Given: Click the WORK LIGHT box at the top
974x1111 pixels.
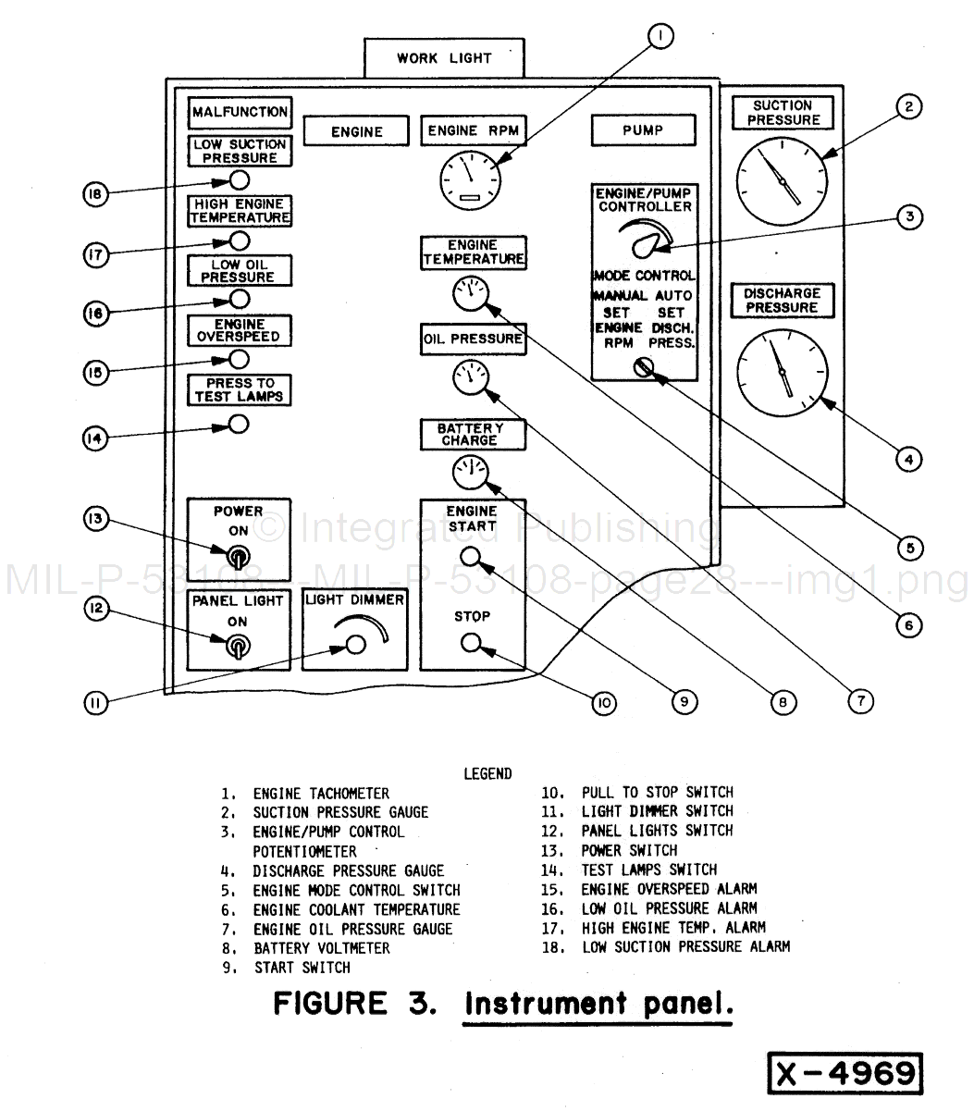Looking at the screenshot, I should [444, 58].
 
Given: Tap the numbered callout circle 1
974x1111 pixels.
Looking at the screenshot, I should [660, 36].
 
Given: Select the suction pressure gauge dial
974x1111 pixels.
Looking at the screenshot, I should [782, 180].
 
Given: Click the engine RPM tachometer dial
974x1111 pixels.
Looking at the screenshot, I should [468, 177].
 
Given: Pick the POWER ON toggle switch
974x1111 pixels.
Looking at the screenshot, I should [238, 557].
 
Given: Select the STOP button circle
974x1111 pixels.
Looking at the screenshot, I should [471, 643].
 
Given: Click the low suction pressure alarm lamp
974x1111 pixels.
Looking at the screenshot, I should [239, 179].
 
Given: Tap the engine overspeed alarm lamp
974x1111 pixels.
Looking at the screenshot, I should [239, 359].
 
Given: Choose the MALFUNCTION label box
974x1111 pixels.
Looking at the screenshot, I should [240, 112].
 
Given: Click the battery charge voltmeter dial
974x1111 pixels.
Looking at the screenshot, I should [470, 473].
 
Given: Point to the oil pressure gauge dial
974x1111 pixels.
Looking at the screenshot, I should [471, 377].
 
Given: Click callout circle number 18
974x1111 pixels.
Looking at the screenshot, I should [95, 193].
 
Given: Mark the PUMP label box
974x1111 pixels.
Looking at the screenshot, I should [643, 130].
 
